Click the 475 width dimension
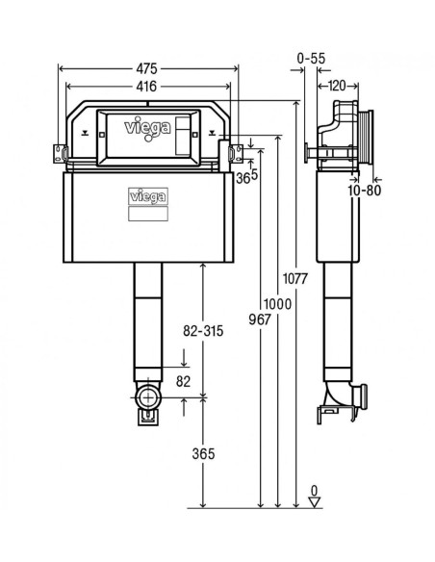pyautogui.click(x=146, y=68)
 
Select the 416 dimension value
pyautogui.click(x=146, y=86)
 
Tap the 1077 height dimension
pyautogui.click(x=295, y=278)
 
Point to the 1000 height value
pyautogui.click(x=278, y=304)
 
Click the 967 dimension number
pyautogui.click(x=260, y=319)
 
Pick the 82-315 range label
pyautogui.click(x=203, y=331)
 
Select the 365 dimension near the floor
pyautogui.click(x=203, y=454)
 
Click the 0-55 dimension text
pyautogui.click(x=311, y=58)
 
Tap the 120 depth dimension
pyautogui.click(x=337, y=86)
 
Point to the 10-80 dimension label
pyautogui.click(x=365, y=191)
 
